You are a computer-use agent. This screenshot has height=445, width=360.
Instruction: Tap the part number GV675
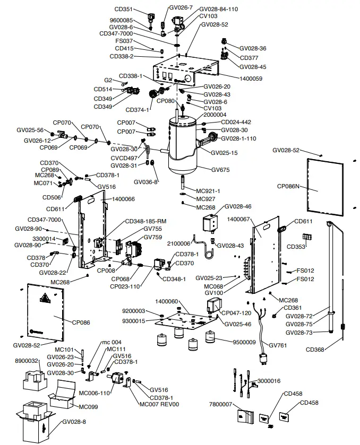click(221, 170)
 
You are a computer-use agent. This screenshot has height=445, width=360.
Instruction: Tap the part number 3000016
click(270, 381)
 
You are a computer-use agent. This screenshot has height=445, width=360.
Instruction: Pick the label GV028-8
click(74, 422)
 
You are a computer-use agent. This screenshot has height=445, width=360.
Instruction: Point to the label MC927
click(206, 198)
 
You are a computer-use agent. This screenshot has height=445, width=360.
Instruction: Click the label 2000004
click(215, 115)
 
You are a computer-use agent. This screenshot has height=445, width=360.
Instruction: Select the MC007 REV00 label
click(159, 404)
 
